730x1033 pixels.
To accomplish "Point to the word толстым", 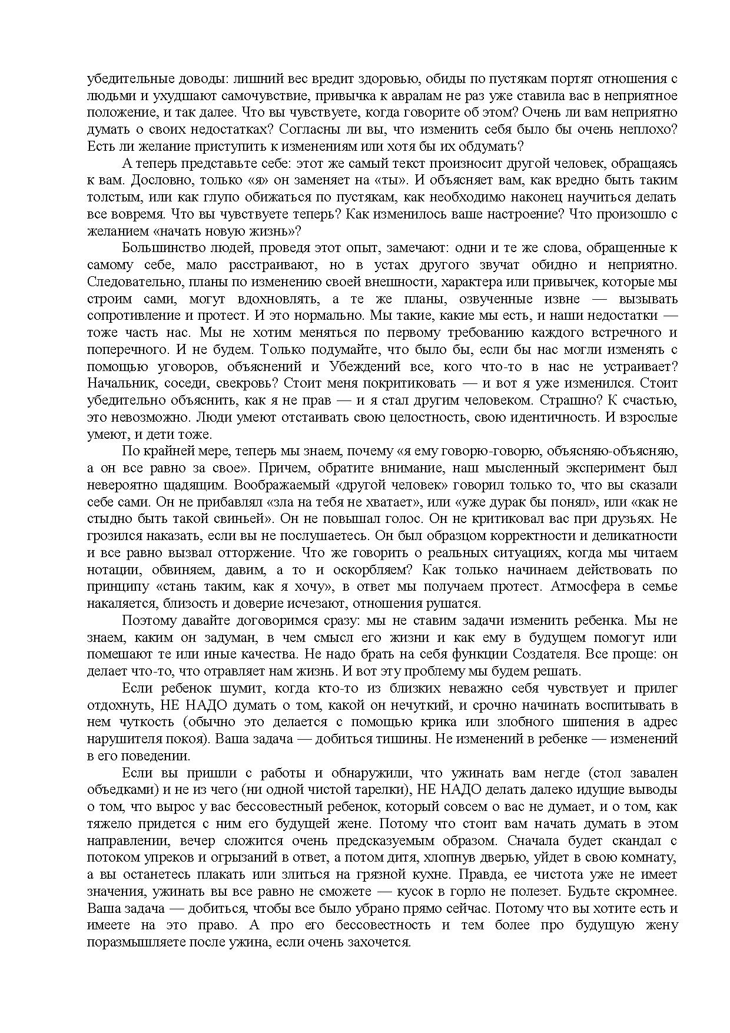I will click(107, 197).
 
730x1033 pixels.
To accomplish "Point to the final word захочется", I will click(385, 942).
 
